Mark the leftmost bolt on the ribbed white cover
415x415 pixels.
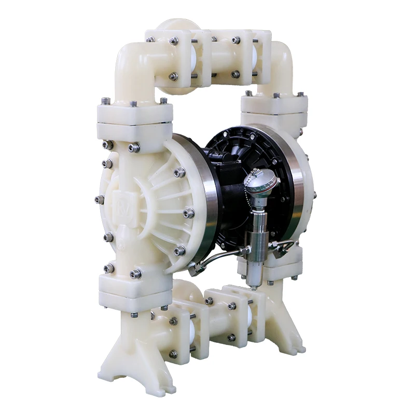(x=99, y=199)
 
